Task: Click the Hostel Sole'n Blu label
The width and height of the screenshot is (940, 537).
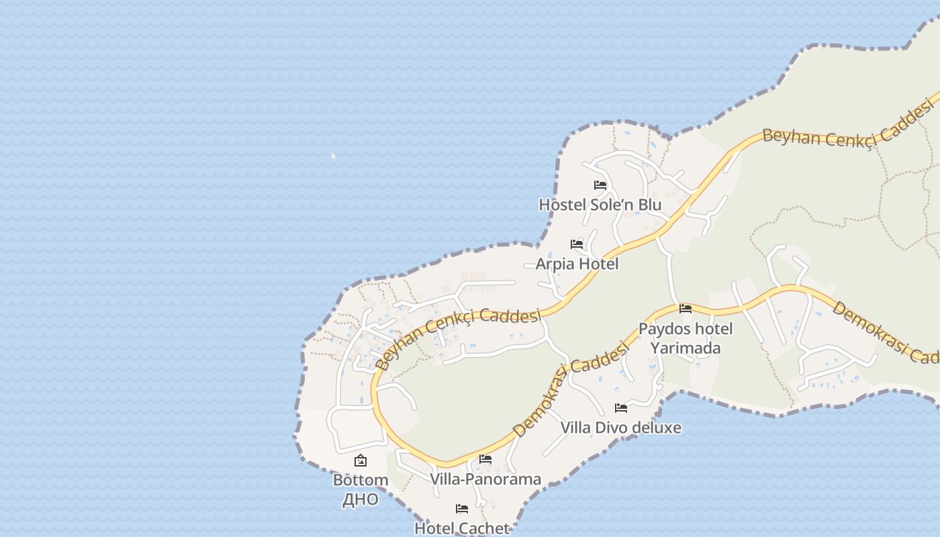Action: coord(600,205)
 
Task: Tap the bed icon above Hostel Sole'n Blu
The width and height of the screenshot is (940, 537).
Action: coord(600,185)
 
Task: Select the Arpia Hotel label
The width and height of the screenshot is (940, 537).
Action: coord(577,264)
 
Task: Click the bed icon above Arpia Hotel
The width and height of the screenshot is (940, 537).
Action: coord(577,244)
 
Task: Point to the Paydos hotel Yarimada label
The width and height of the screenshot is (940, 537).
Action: coord(686,338)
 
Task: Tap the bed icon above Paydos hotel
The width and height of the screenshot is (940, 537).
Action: coord(686,309)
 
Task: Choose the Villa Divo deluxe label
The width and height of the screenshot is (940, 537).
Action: coord(621,428)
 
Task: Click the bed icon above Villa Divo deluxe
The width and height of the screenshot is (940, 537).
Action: coord(621,407)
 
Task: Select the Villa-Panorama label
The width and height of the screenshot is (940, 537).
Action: coord(485,479)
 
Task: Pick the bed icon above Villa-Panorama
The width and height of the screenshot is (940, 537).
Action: coord(485,459)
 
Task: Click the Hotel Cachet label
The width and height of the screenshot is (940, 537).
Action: coord(462,528)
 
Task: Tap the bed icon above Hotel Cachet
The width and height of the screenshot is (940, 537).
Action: coord(462,509)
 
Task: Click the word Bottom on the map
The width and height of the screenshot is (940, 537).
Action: coord(361,480)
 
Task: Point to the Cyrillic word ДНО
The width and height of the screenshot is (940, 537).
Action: coord(361,499)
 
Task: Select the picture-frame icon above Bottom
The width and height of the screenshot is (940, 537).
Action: coord(361,460)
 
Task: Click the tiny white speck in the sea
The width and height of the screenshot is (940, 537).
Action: coord(333,156)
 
